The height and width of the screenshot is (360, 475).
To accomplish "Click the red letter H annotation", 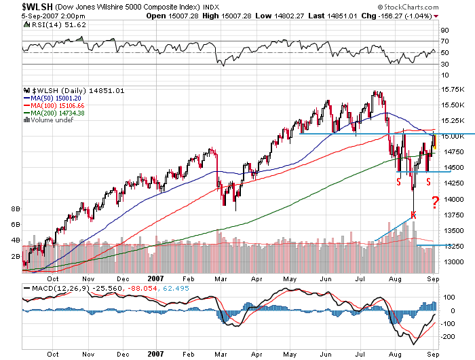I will [413, 215].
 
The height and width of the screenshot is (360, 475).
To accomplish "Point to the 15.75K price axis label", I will [451, 90].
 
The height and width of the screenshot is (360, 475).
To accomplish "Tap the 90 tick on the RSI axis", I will [444, 30].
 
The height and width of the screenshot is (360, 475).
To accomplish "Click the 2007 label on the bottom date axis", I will [155, 353].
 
